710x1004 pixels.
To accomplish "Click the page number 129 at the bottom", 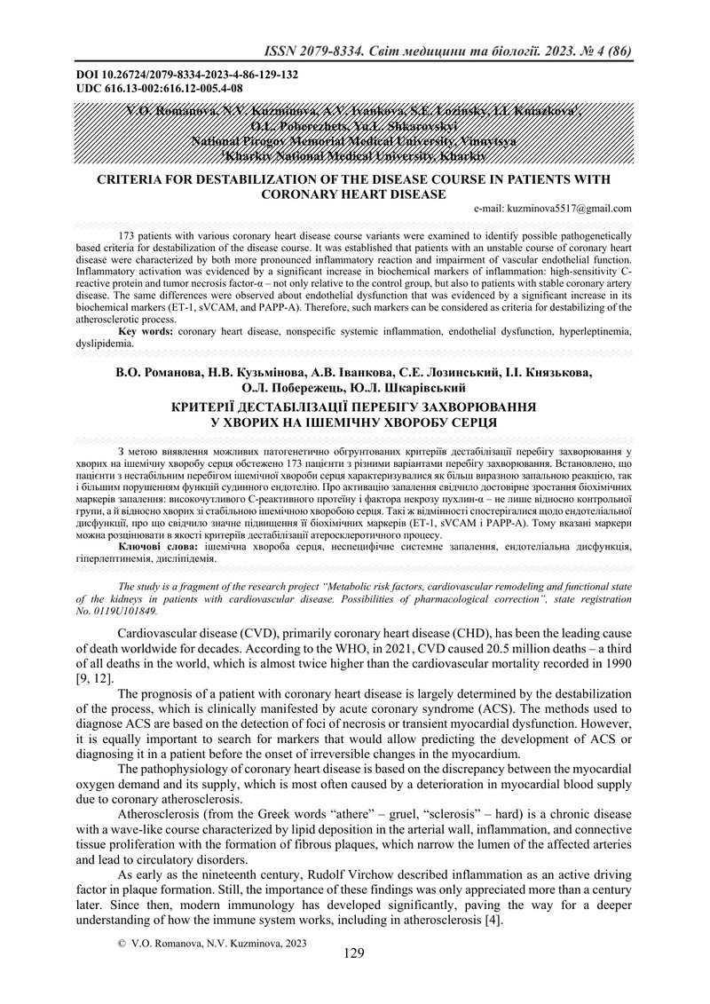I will (x=353, y=954).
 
